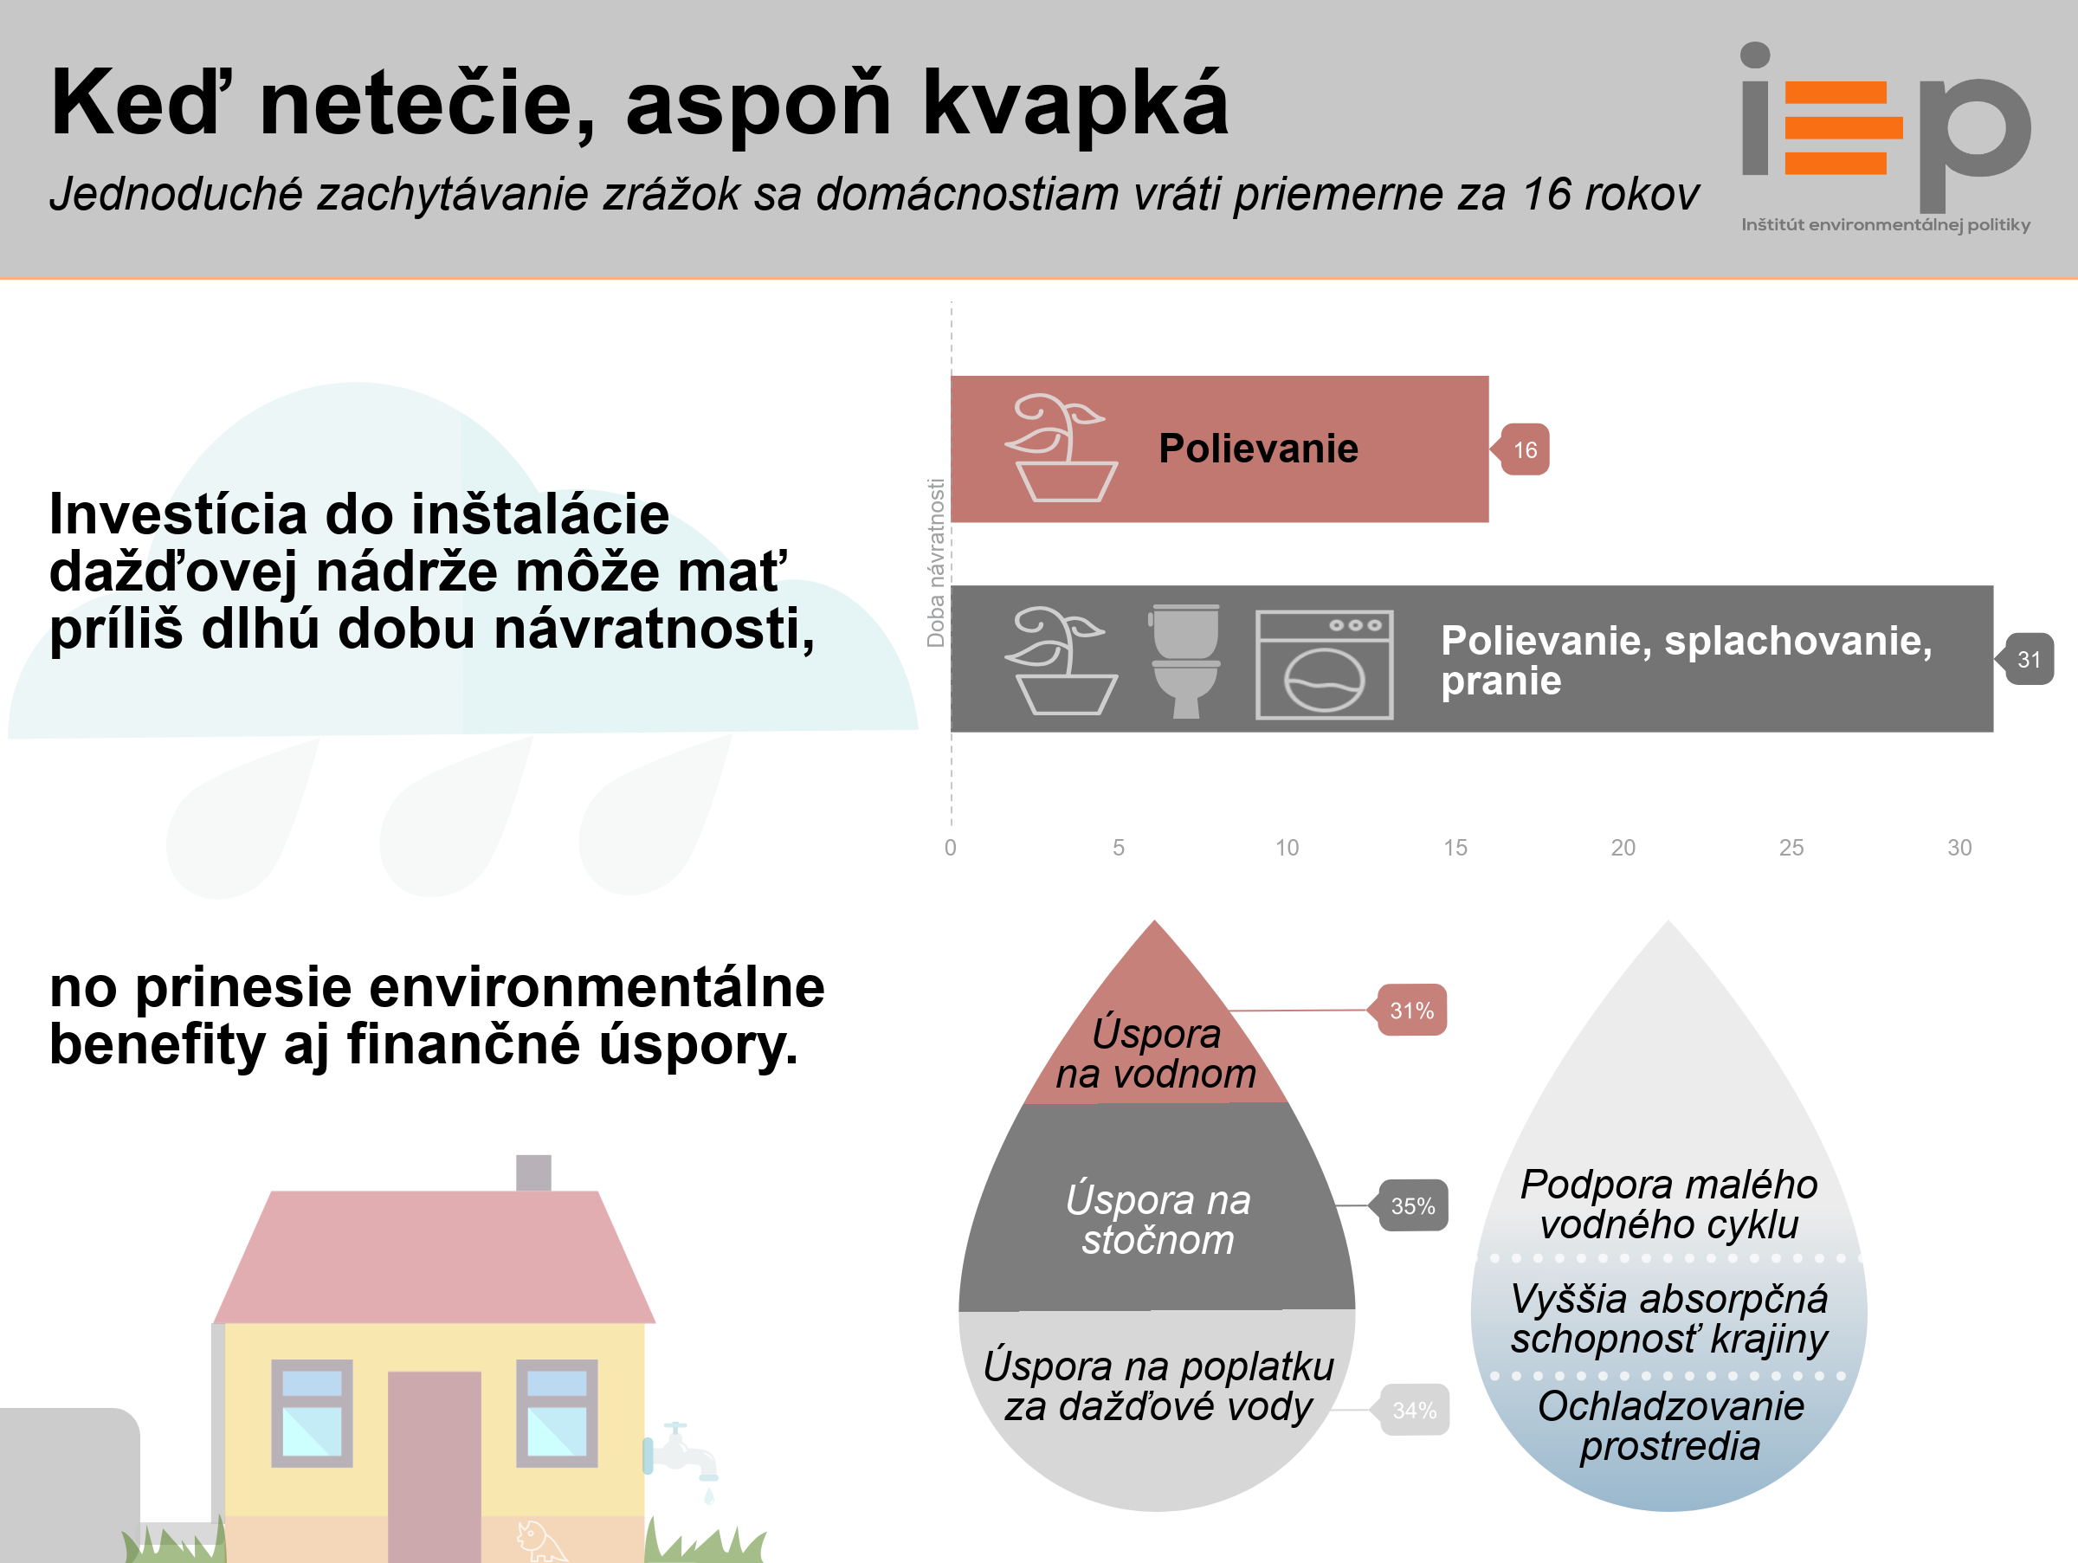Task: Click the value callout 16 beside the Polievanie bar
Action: click(1523, 450)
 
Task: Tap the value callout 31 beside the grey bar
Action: click(2027, 659)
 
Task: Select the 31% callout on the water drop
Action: click(1411, 1011)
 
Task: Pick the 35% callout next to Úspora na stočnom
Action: click(1413, 1206)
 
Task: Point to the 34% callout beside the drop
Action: click(1414, 1410)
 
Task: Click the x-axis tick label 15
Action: click(1455, 849)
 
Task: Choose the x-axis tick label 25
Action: click(1791, 849)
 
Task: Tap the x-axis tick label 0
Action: click(951, 849)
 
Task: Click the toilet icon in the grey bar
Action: click(1184, 662)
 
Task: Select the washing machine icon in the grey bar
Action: click(1325, 664)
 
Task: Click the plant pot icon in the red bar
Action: click(1062, 448)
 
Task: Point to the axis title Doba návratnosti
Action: click(936, 564)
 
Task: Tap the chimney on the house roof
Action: click(533, 1173)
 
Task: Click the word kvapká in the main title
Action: click(1075, 104)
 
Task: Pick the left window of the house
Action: click(312, 1414)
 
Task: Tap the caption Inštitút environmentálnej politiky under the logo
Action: click(1886, 225)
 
